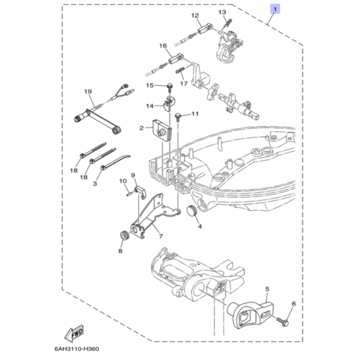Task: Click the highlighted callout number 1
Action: (x=275, y=9)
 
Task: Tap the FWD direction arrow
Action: (x=74, y=333)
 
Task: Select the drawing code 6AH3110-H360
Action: (x=77, y=349)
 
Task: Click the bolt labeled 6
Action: (x=282, y=321)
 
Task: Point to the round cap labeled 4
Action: (x=193, y=210)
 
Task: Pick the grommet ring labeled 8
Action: (x=124, y=236)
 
